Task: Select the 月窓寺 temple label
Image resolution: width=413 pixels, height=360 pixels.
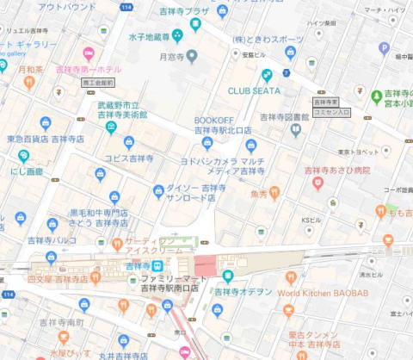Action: (173, 57)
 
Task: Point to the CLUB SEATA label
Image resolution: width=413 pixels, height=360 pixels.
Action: (254, 90)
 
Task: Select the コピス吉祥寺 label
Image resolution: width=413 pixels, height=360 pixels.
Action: (129, 158)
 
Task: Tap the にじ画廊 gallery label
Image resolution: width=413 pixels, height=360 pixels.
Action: (27, 171)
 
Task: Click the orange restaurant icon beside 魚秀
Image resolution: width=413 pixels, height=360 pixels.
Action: (274, 192)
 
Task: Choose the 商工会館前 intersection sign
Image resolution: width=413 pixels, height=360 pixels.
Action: (98, 83)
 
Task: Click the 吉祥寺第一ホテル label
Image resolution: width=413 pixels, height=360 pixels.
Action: (89, 69)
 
